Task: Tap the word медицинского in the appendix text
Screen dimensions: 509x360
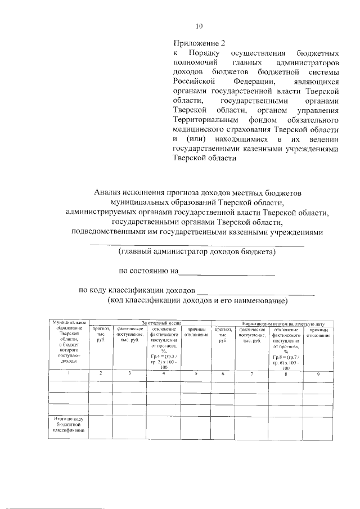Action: (x=202, y=129)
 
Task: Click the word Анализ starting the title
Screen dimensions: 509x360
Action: (x=110, y=192)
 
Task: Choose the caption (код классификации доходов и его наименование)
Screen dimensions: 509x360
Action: (x=197, y=300)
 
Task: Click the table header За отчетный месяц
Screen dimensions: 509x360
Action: (x=161, y=323)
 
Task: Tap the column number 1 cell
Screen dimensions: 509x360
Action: (x=69, y=373)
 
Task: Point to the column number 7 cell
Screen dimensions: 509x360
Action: (x=251, y=373)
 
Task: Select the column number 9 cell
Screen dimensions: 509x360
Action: (x=318, y=373)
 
